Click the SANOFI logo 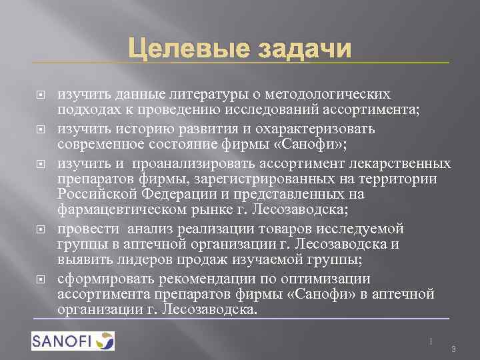pyautogui.click(x=73, y=340)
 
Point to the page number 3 pyautogui.click(x=453, y=349)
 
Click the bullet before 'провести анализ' pyautogui.click(x=40, y=229)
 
